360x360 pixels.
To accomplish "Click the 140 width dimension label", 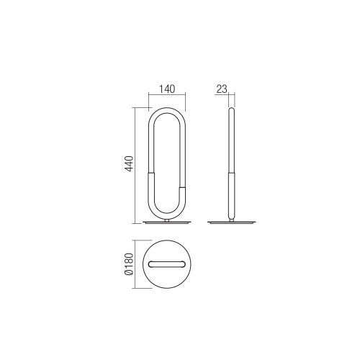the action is [167, 89].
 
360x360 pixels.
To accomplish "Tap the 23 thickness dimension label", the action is [222, 89].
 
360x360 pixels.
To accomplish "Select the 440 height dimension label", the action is [130, 163].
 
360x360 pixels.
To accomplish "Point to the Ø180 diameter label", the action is [129, 264].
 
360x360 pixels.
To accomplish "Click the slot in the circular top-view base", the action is [167, 264].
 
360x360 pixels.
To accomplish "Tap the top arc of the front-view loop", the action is [167, 110].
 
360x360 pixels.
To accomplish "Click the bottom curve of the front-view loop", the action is [167, 215].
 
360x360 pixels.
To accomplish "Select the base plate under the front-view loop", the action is [167, 222].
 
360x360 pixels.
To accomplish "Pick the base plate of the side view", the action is [232, 222].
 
